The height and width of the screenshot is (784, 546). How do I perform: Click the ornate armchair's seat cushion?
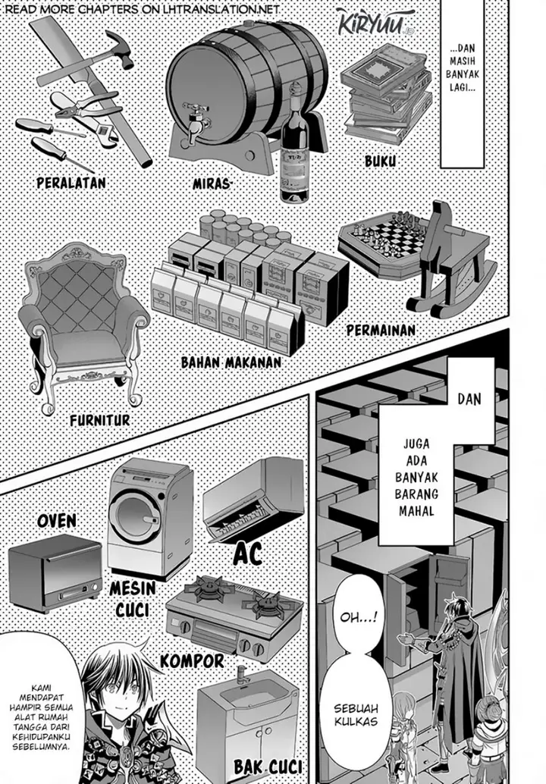84,345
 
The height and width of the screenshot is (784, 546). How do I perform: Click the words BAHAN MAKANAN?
220,362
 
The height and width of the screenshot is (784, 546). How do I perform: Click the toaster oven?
55,572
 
